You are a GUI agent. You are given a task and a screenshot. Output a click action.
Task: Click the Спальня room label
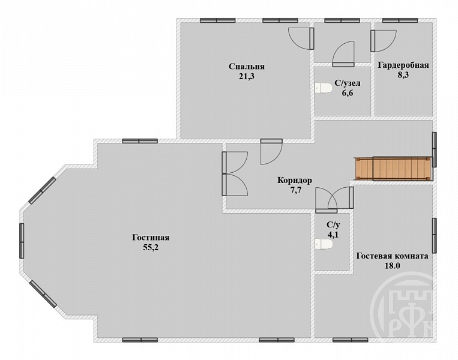click(x=247, y=67)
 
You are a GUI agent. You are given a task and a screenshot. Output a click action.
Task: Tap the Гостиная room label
click(x=151, y=238)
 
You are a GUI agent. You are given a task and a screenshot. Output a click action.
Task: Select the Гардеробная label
click(x=403, y=65)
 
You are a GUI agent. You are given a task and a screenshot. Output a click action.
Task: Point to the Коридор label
click(x=294, y=181)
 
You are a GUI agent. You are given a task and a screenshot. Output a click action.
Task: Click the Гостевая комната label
click(x=393, y=256)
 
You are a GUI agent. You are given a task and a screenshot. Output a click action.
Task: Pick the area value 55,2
click(x=151, y=248)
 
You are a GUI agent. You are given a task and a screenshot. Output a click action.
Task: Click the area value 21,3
click(x=247, y=76)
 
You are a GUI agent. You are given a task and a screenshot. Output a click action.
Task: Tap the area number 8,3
click(x=403, y=75)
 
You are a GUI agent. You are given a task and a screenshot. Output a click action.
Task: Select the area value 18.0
click(x=393, y=266)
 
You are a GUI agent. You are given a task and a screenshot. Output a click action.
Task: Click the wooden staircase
click(x=393, y=169)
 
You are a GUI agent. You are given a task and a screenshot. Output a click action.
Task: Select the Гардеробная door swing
click(x=384, y=41)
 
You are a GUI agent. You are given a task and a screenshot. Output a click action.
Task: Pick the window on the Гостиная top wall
click(x=140, y=141)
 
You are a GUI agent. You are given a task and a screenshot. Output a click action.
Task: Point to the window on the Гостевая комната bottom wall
click(x=351, y=340)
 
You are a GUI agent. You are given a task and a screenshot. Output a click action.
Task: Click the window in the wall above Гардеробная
click(x=400, y=20)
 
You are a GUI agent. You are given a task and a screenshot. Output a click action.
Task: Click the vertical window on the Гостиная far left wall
click(x=22, y=241)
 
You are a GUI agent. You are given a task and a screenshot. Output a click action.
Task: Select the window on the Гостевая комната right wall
click(x=435, y=235)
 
